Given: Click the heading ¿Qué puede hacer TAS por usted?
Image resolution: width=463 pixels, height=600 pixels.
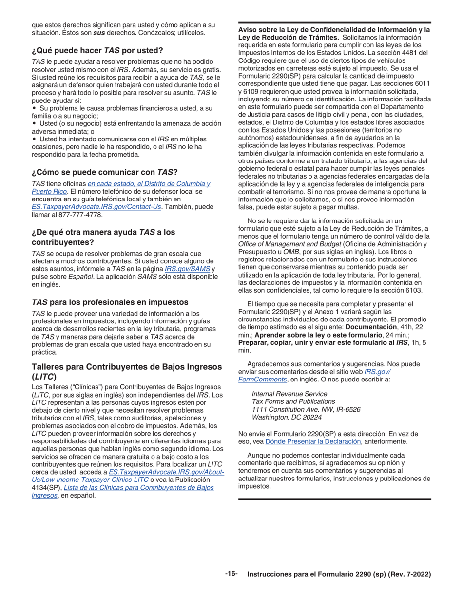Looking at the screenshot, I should [97, 51].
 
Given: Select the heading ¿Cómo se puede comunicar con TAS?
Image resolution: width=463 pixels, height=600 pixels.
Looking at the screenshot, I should [104, 172].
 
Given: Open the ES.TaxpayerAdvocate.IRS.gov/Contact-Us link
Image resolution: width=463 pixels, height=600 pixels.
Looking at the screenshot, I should [96, 207].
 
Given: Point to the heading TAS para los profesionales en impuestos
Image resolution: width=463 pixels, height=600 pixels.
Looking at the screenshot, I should [110, 302].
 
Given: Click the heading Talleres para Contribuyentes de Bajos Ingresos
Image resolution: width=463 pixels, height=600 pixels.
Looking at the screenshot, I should [127, 367].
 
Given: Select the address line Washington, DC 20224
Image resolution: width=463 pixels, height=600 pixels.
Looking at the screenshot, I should [287, 417].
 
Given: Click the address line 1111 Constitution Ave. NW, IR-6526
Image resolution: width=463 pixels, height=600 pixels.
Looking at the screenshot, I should [306, 409].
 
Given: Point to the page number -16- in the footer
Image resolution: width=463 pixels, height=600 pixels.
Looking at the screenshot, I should [231, 574].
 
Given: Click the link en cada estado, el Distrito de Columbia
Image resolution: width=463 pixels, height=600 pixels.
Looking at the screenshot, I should [149, 184].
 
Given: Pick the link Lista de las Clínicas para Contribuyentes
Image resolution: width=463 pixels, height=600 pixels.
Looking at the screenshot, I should [139, 487].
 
